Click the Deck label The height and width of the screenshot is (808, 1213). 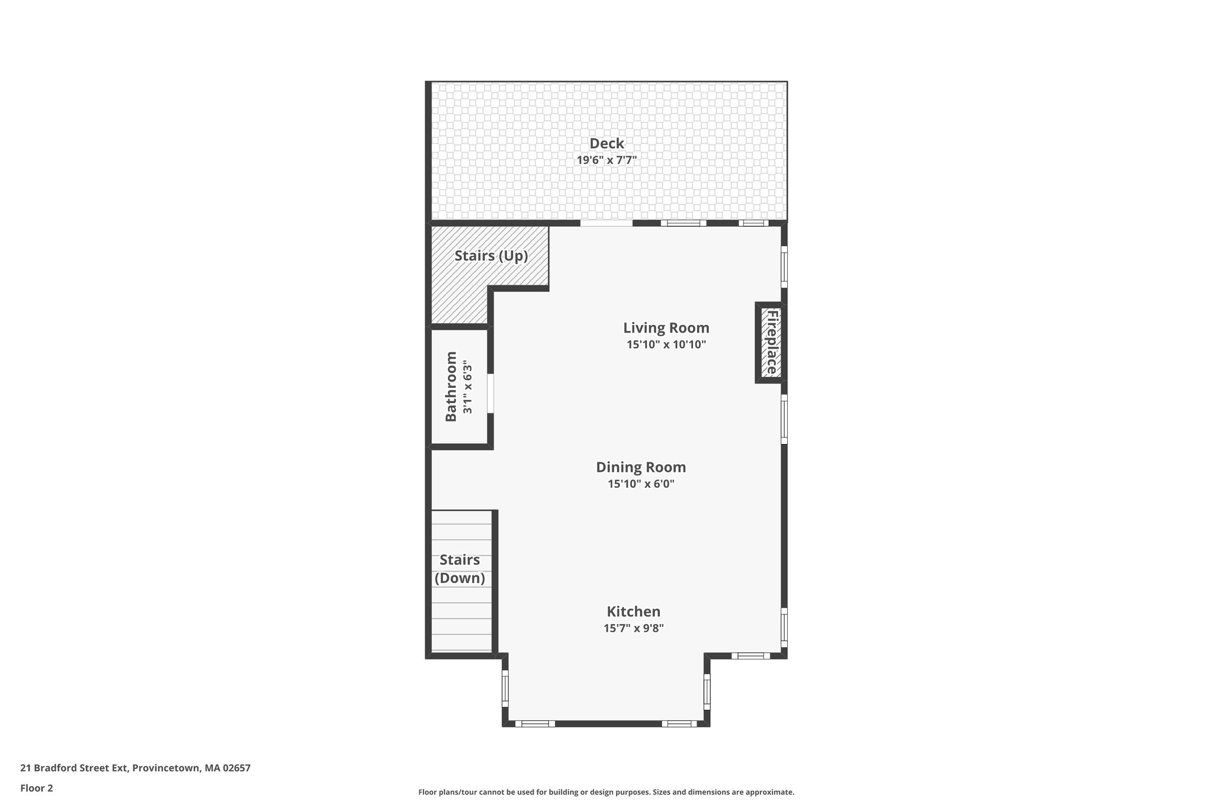[606, 144]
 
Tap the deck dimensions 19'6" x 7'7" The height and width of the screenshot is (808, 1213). [606, 160]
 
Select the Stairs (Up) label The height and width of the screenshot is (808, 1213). [491, 256]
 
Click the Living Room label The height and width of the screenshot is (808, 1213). [666, 328]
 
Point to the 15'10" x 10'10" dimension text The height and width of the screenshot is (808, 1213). [666, 345]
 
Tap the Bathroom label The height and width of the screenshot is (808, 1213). [451, 387]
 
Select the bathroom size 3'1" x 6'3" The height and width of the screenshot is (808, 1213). [468, 387]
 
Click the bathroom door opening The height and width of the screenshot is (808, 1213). [490, 393]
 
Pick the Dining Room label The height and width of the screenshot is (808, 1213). [641, 468]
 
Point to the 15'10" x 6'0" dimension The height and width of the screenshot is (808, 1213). [641, 484]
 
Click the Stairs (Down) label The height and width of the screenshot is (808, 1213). [460, 569]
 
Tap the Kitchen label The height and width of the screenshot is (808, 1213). [633, 612]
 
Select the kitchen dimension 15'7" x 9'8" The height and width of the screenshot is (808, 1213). [633, 629]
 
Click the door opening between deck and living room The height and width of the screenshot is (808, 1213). [606, 223]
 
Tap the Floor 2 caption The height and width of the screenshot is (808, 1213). [37, 788]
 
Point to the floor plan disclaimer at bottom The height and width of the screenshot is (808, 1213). [606, 792]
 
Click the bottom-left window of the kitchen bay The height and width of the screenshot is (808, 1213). [534, 723]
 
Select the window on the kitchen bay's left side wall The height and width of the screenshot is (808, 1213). [505, 688]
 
